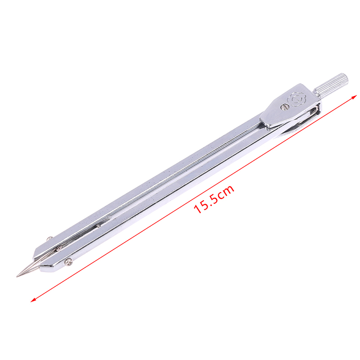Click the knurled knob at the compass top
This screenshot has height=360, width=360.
(x=331, y=85)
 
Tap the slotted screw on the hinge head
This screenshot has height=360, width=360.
(x=285, y=107)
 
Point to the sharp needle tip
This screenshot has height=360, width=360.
(x=17, y=276)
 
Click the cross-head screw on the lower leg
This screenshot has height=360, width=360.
(x=68, y=261)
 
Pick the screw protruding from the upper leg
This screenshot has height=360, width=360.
(x=49, y=238)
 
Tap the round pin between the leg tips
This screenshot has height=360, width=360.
(x=59, y=248)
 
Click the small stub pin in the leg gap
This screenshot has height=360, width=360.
(x=98, y=226)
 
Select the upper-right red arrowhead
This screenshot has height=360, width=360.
(x=354, y=97)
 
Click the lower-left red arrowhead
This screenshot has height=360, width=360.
(x=33, y=300)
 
